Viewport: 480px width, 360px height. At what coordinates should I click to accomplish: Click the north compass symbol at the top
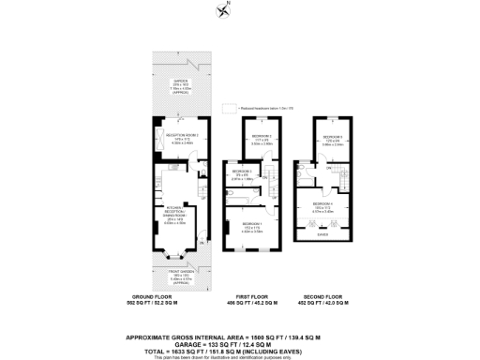click(220, 10)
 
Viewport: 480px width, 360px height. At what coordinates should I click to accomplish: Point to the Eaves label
click(323, 236)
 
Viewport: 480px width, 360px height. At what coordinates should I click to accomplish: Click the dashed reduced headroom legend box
click(224, 110)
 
